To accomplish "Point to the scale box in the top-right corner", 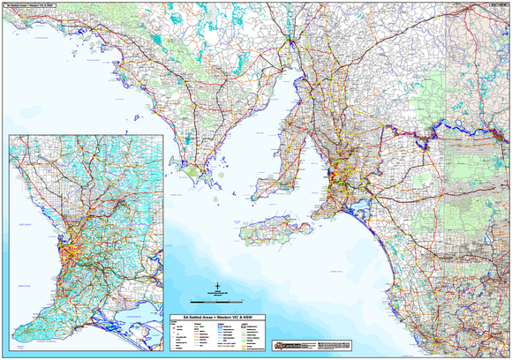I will pyautogui.click(x=493, y=4).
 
